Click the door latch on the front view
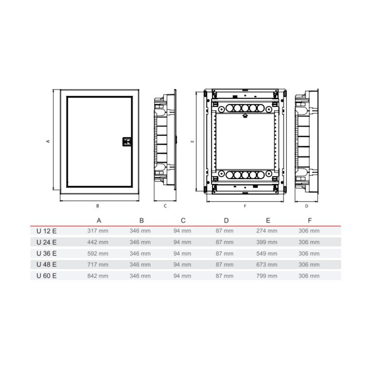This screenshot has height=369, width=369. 127,142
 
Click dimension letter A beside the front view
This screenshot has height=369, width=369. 48,141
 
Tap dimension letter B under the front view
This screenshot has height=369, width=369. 98,206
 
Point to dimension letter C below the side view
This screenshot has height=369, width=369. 165,206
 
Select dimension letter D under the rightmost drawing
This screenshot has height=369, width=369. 306,206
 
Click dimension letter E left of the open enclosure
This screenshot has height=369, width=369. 192,141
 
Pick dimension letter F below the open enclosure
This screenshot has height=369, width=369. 245,206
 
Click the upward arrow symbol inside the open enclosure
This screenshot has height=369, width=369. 245,115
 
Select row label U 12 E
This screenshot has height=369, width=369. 46,231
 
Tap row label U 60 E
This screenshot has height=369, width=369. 46,276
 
